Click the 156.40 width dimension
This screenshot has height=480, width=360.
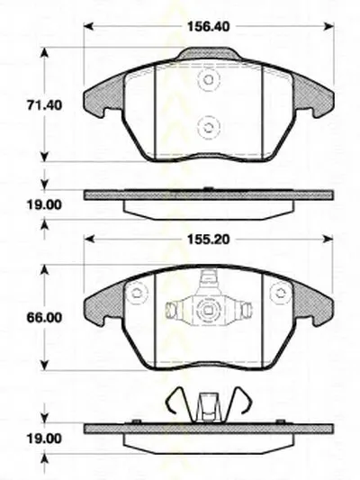[x=208, y=27]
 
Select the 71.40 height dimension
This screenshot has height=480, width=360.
[x=44, y=105]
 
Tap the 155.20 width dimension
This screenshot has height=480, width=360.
[x=208, y=239]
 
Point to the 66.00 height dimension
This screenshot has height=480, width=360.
[x=44, y=318]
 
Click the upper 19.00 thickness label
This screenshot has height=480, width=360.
[x=44, y=204]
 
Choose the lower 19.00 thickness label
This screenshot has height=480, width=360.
[x=44, y=439]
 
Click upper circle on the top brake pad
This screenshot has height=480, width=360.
[x=209, y=80]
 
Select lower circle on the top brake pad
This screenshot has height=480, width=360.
[x=209, y=127]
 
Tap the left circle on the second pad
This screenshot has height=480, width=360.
[x=136, y=294]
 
